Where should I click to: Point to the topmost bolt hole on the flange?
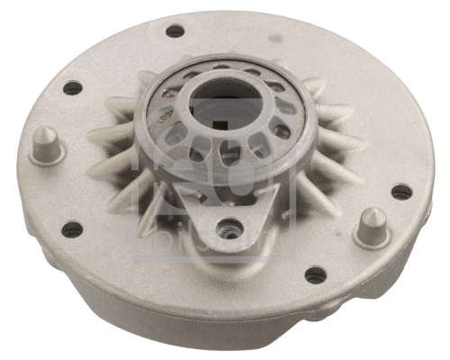point(175,31)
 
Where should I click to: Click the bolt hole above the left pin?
point(72,88)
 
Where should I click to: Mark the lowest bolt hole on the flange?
point(313,275)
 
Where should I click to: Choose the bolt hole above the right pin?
point(400,192)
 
